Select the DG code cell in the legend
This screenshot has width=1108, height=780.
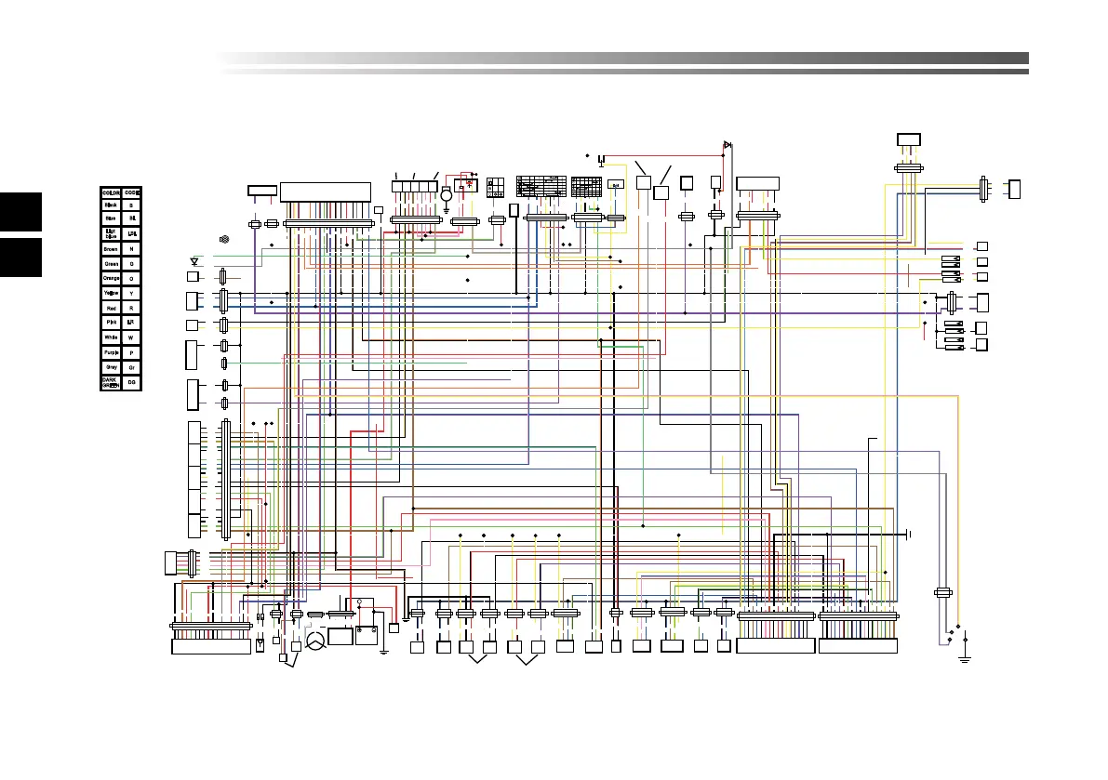pyautogui.click(x=131, y=383)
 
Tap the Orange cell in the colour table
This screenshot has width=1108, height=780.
pyautogui.click(x=112, y=278)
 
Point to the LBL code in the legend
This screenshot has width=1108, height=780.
pyautogui.click(x=131, y=233)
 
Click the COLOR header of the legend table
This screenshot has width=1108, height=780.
pyautogui.click(x=112, y=192)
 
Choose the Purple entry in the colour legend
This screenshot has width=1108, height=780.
pyautogui.click(x=112, y=352)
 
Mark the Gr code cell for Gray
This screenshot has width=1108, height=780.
pyautogui.click(x=131, y=367)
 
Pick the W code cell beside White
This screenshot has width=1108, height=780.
pyautogui.click(x=131, y=337)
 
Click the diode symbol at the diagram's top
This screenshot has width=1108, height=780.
pyautogui.click(x=728, y=144)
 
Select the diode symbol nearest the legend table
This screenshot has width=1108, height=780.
pyautogui.click(x=194, y=261)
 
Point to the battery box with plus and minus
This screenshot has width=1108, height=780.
pyautogui.click(x=366, y=638)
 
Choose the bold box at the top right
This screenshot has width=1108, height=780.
pyautogui.click(x=908, y=139)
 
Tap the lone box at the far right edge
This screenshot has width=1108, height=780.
pyautogui.click(x=1014, y=189)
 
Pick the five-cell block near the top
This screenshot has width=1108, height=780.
pyautogui.click(x=414, y=187)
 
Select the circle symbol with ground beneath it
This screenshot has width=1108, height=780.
pyautogui.click(x=446, y=195)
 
